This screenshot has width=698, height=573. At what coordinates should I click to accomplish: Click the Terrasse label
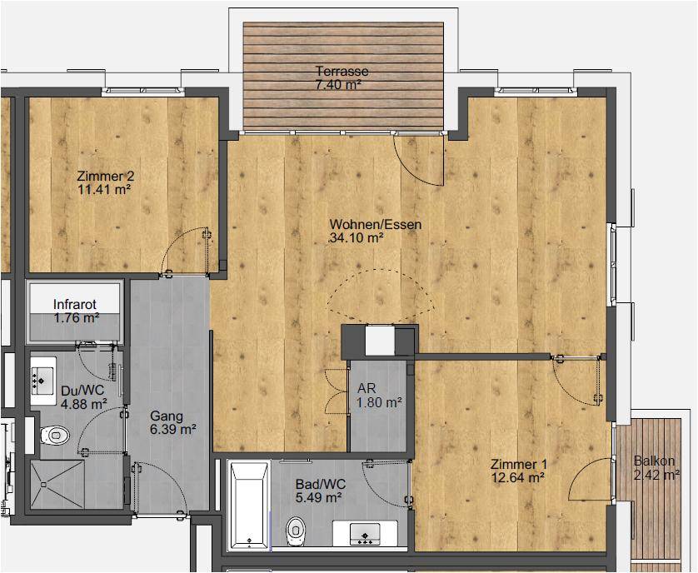(x=342, y=72)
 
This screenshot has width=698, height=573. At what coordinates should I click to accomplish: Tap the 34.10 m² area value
(x=356, y=238)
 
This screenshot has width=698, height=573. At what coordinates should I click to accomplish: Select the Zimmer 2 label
(x=105, y=176)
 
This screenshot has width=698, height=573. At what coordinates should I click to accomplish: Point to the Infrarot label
(x=75, y=305)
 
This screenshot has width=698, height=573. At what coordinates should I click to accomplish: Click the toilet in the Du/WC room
(x=55, y=435)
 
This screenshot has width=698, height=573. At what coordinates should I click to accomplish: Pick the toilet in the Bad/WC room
(x=295, y=531)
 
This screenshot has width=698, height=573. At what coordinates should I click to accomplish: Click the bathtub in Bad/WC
(x=249, y=506)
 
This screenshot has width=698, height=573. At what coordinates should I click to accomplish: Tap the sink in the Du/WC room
(x=43, y=381)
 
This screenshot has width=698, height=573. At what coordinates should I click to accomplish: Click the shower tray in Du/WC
(x=57, y=485)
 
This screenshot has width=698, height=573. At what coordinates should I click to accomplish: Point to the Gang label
(x=167, y=416)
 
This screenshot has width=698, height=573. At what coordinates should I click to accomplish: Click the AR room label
(x=366, y=388)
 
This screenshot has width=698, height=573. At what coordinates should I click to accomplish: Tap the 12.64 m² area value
(x=518, y=478)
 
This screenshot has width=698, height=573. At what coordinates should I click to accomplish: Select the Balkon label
(x=654, y=461)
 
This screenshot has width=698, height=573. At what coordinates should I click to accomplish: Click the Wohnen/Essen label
(x=376, y=224)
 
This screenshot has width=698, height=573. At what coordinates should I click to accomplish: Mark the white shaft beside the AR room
(x=380, y=341)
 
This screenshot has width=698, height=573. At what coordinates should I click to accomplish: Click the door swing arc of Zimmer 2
(x=176, y=241)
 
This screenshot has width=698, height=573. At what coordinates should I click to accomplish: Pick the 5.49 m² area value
(x=318, y=497)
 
